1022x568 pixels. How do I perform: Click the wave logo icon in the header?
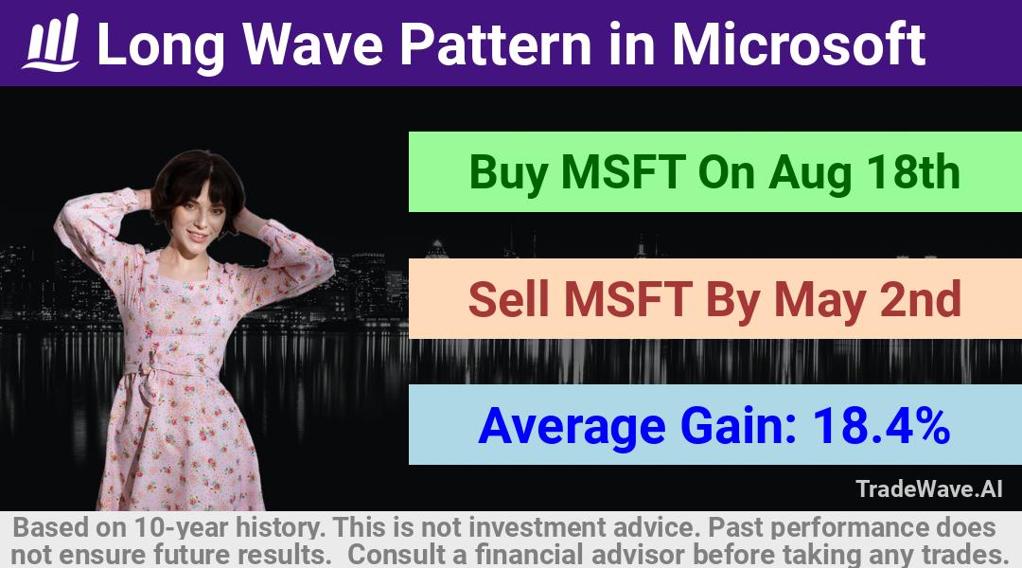pyautogui.click(x=51, y=43)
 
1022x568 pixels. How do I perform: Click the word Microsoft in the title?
pyautogui.click(x=799, y=44)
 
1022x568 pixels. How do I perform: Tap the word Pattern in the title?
pyautogui.click(x=496, y=44)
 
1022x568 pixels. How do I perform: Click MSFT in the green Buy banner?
pyautogui.click(x=623, y=172)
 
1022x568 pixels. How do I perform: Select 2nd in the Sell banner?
pyautogui.click(x=921, y=299)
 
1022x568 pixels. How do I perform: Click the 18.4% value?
pyautogui.click(x=881, y=426)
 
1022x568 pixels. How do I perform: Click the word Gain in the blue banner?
pyautogui.click(x=738, y=426)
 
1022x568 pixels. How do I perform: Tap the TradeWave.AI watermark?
pyautogui.click(x=929, y=488)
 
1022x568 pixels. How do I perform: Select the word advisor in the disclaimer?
pyautogui.click(x=638, y=555)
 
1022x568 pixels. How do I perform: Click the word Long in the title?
pyautogui.click(x=161, y=45)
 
